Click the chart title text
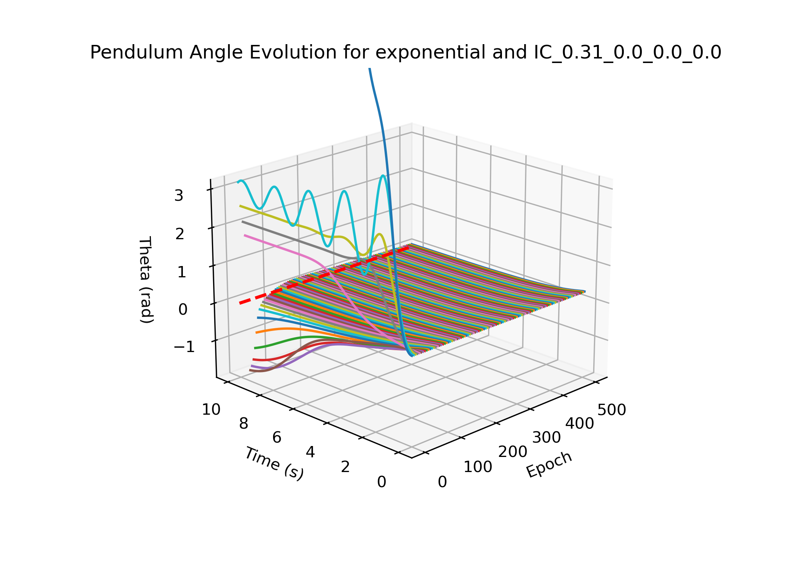pyautogui.click(x=405, y=52)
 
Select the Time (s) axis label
pyautogui.click(x=274, y=463)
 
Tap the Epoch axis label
pyautogui.click(x=549, y=464)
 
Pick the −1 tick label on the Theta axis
pyautogui.click(x=184, y=347)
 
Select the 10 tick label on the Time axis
pyautogui.click(x=211, y=409)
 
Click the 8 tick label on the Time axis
pyautogui.click(x=244, y=424)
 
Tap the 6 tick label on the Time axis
pyautogui.click(x=277, y=437)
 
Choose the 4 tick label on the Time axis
pyautogui.click(x=310, y=452)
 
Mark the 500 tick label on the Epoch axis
pyautogui.click(x=612, y=410)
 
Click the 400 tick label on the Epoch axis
pyautogui.click(x=579, y=423)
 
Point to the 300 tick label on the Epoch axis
pyautogui.click(x=546, y=437)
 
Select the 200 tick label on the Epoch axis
pyautogui.click(x=513, y=452)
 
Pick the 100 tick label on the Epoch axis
pyautogui.click(x=478, y=467)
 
